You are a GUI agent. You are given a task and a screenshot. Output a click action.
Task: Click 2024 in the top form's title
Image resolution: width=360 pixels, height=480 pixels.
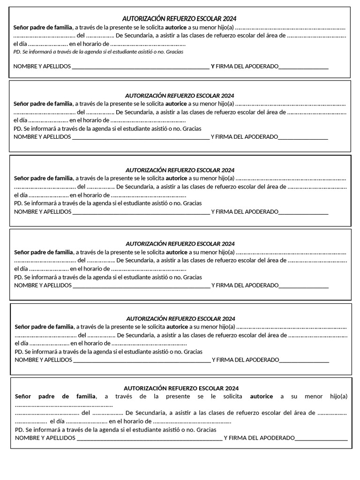pyautogui.click(x=229, y=19)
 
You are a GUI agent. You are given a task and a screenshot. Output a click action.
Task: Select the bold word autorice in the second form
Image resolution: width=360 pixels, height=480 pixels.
pyautogui.click(x=176, y=104)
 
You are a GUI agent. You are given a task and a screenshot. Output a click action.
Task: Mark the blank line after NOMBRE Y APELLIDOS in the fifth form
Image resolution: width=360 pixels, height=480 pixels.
pyautogui.click(x=142, y=360)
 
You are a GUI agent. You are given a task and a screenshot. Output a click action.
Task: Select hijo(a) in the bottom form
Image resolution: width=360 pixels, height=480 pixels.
pyautogui.click(x=338, y=397)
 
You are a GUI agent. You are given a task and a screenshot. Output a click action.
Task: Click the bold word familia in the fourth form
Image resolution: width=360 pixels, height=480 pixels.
pyautogui.click(x=62, y=252)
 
